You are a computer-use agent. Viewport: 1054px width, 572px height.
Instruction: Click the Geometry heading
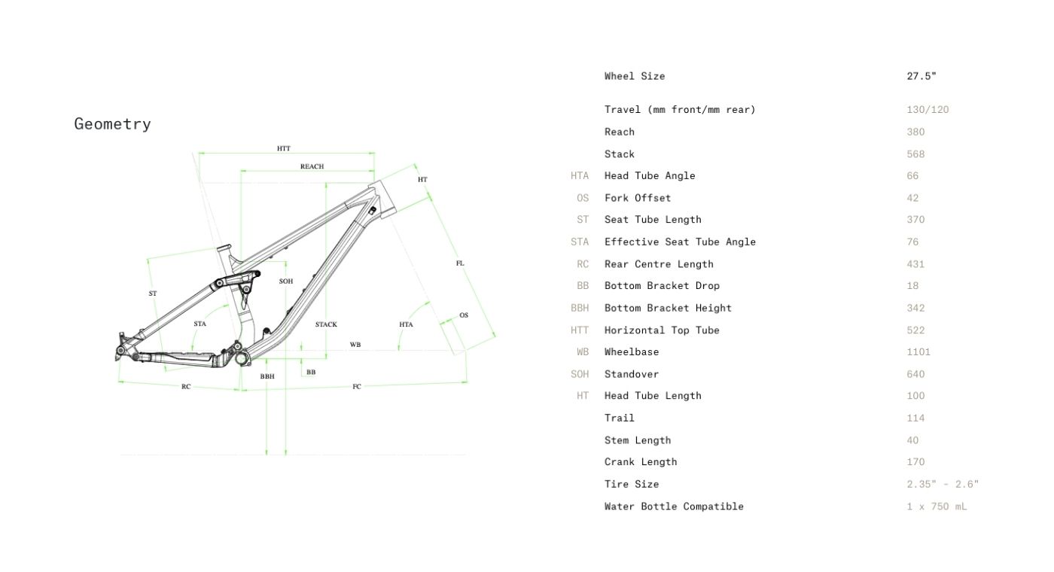click(x=112, y=124)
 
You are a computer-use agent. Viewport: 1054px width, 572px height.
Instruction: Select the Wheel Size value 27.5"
click(x=921, y=76)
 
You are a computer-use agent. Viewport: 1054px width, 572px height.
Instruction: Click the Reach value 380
click(x=915, y=132)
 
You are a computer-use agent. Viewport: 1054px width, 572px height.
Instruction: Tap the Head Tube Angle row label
click(x=650, y=175)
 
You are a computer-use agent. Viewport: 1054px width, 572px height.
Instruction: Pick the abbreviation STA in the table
click(x=580, y=242)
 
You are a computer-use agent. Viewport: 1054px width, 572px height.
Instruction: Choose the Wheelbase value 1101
click(x=918, y=351)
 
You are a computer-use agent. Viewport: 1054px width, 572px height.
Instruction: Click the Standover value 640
click(x=915, y=374)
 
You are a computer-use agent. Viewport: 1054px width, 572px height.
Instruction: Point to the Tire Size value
click(x=943, y=484)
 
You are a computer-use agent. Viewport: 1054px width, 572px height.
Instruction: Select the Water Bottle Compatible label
click(x=674, y=507)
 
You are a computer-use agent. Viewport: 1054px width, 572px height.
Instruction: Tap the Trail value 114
click(x=915, y=418)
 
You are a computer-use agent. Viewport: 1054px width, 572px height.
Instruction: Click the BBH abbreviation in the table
click(x=580, y=308)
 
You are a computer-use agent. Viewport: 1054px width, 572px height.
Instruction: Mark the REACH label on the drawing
click(x=312, y=166)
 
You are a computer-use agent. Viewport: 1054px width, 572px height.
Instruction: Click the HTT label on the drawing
click(x=283, y=149)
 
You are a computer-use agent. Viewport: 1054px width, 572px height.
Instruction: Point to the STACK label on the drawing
click(x=326, y=324)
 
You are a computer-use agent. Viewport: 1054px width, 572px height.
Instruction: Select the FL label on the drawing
click(x=460, y=263)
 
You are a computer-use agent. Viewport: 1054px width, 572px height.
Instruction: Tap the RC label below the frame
click(x=186, y=387)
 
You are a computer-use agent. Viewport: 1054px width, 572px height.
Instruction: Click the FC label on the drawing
click(x=357, y=387)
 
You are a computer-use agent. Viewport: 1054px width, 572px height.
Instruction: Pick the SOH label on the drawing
click(x=286, y=281)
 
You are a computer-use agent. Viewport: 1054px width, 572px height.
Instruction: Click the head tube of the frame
click(x=381, y=199)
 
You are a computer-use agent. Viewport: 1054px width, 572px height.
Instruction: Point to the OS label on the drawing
click(x=464, y=315)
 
